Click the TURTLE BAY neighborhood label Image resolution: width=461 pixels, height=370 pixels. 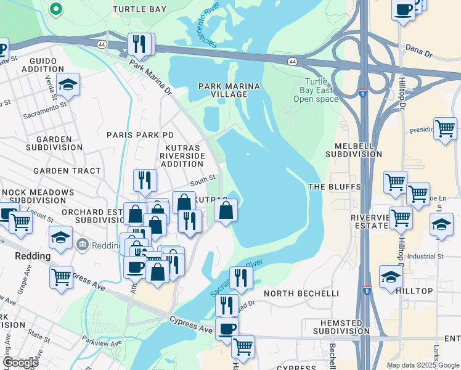140,9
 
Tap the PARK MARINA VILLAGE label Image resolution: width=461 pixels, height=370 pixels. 228,90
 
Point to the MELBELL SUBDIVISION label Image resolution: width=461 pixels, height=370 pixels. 358,150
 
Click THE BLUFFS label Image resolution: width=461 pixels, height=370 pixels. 329,187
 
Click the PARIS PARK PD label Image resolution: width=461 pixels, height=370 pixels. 140,134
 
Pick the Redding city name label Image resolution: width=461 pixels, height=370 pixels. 33,256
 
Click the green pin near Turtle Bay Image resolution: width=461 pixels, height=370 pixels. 55,9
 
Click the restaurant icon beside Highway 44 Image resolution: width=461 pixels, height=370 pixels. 140,43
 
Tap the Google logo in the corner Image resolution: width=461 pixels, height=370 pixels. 20,363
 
